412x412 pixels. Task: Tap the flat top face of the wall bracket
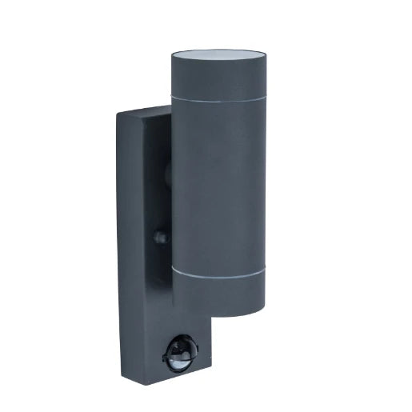click(x=144, y=112)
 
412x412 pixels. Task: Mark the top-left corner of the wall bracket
click(x=118, y=117)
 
